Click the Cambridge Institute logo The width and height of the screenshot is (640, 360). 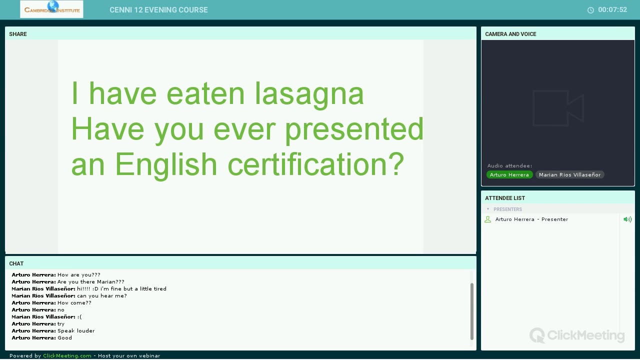[51, 9]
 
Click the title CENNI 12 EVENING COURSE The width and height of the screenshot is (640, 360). [158, 10]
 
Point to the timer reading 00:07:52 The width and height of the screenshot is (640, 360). [612, 10]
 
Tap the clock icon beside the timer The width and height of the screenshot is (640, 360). [590, 10]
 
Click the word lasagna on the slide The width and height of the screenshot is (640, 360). [309, 93]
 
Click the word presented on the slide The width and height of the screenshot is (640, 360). [354, 129]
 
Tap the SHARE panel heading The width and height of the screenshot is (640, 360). [18, 34]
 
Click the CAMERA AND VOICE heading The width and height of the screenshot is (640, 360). [510, 34]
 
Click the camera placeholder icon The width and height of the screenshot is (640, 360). [558, 108]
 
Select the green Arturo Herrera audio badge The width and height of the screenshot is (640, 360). [509, 174]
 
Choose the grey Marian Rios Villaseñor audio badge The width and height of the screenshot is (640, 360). [569, 174]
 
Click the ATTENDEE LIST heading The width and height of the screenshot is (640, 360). [505, 198]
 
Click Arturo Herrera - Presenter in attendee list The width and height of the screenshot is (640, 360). [531, 219]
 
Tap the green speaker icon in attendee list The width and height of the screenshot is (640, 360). [627, 219]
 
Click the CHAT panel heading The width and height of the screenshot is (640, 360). [16, 263]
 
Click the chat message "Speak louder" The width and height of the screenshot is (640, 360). [76, 331]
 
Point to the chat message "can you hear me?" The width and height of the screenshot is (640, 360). [101, 296]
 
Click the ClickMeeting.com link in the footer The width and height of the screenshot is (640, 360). [67, 356]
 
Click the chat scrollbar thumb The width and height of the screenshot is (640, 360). [472, 311]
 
